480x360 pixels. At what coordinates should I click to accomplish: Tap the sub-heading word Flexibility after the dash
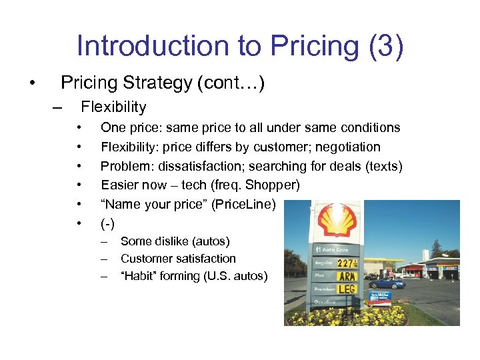coord(113,107)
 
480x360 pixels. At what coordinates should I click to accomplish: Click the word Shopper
coord(272,185)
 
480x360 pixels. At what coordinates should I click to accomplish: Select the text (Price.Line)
coord(243,203)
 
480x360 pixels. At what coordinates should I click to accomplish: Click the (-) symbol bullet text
coord(107,223)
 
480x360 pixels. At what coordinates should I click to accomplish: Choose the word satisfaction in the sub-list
coord(204,259)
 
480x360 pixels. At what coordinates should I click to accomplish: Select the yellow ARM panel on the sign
coord(347,275)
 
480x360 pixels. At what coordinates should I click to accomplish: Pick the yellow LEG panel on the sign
coord(347,289)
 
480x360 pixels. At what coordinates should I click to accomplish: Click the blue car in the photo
coord(387,283)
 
